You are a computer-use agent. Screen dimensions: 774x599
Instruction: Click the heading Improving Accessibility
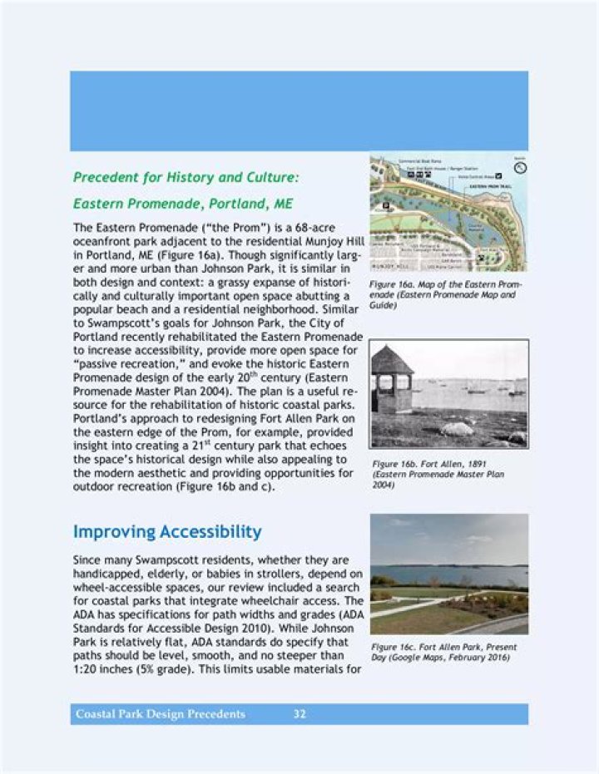(167, 532)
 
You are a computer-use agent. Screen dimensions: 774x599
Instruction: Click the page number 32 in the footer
(299, 714)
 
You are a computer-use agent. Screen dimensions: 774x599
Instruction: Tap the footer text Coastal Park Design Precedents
(161, 714)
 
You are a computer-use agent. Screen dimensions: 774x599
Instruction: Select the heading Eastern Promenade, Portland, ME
(182, 204)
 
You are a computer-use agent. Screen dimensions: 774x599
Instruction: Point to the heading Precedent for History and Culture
(186, 177)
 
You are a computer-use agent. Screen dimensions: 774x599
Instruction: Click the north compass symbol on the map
(521, 167)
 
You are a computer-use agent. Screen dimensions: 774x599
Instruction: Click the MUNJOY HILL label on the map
(388, 265)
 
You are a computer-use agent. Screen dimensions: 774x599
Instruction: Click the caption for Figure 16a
(447, 294)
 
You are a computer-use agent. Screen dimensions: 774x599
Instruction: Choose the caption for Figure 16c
(444, 652)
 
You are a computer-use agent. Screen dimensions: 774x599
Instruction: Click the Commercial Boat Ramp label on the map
(421, 159)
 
